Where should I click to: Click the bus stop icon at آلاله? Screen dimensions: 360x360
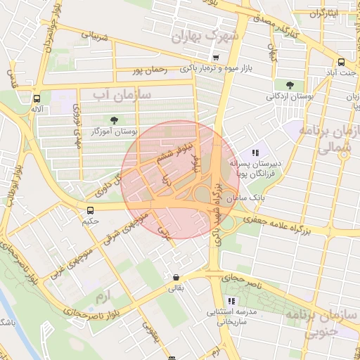click(x=37, y=99)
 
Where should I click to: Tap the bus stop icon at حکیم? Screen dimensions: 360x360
click(x=90, y=211)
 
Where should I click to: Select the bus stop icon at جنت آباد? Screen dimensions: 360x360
click(x=341, y=62)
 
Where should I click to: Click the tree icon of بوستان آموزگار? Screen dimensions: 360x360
click(x=114, y=120)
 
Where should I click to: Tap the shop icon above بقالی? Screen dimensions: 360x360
click(x=175, y=276)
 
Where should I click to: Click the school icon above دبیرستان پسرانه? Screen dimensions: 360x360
click(x=255, y=152)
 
